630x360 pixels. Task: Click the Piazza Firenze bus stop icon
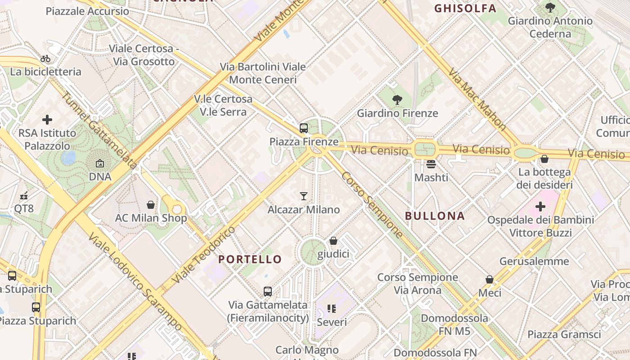[x=304, y=128]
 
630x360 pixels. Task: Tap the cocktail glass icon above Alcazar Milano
[x=304, y=196]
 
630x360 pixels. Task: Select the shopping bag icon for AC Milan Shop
[x=151, y=205]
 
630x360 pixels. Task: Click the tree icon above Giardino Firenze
[x=397, y=99]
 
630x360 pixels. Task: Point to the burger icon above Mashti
[x=431, y=164]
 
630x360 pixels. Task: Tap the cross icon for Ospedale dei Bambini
[x=540, y=207]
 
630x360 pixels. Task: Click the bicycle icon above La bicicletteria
[x=45, y=58]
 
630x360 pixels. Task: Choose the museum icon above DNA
[x=100, y=163]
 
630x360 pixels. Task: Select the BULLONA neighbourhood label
[x=435, y=216]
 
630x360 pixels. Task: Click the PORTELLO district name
[x=250, y=259]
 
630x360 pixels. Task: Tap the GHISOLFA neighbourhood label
[x=465, y=8]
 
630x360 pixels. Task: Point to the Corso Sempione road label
[x=372, y=205]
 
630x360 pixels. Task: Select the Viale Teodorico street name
[x=204, y=255]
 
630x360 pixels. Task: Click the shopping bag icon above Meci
[x=490, y=279]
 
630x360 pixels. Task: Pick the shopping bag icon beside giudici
[x=333, y=241]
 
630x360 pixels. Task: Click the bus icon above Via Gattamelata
[x=268, y=291]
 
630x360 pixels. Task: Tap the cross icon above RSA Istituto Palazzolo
[x=47, y=120]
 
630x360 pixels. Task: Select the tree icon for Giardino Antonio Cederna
[x=550, y=7]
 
